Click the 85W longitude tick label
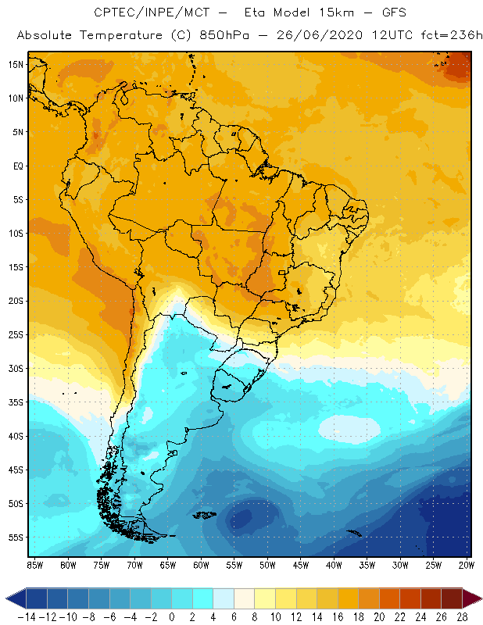(x=34, y=564)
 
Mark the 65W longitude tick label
(x=168, y=564)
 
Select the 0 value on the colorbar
(x=172, y=616)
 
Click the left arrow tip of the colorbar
(x=7, y=598)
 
